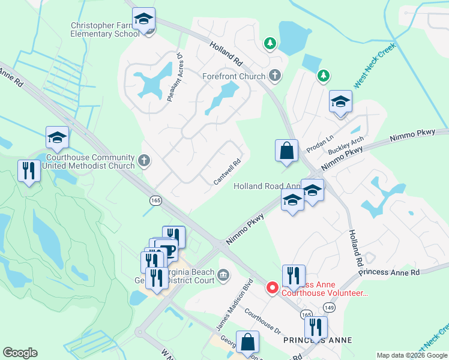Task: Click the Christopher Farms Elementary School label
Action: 105,30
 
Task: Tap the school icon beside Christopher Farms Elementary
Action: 143,20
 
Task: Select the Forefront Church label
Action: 234,76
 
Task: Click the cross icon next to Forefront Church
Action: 275,76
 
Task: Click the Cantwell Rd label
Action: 228,172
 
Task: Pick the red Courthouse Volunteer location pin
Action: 272,289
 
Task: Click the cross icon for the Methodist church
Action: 143,160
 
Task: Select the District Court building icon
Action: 223,275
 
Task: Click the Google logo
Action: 20,353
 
